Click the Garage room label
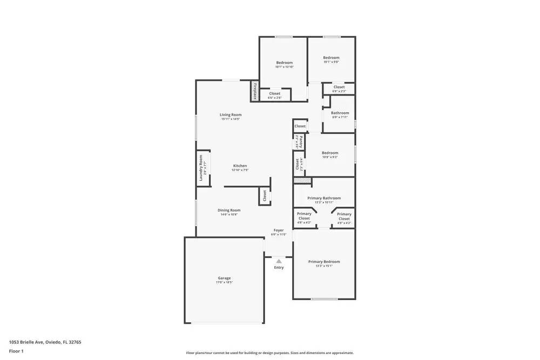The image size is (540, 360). click(x=224, y=278)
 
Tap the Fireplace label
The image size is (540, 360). click(x=254, y=91)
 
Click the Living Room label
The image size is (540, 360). click(x=231, y=114)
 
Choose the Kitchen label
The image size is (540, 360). click(x=240, y=166)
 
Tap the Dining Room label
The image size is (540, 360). click(x=229, y=210)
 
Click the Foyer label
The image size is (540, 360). click(x=279, y=230)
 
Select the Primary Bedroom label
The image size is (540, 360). click(x=324, y=262)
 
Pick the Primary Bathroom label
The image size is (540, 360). click(x=324, y=198)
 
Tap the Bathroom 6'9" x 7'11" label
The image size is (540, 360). click(x=340, y=113)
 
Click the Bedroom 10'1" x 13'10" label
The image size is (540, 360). click(x=284, y=63)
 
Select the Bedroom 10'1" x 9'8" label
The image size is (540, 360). click(x=331, y=58)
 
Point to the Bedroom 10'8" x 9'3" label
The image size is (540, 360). click(x=330, y=153)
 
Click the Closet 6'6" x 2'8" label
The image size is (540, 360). click(x=275, y=94)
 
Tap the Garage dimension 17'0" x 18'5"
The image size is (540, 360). click(x=225, y=282)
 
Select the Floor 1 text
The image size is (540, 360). click(x=16, y=351)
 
